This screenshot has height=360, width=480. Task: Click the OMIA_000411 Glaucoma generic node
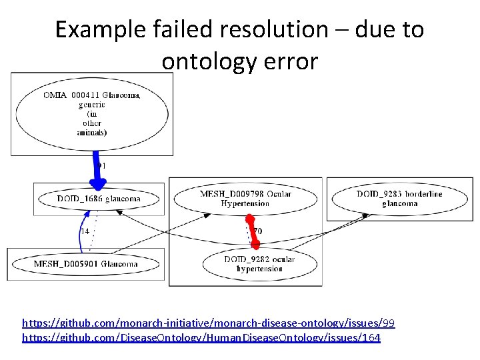click(92, 113)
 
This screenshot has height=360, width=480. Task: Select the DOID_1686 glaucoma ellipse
click(99, 199)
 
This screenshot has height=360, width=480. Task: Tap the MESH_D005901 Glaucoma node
click(85, 264)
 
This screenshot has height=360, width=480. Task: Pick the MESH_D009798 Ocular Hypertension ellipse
click(245, 199)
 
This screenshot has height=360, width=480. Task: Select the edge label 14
click(85, 231)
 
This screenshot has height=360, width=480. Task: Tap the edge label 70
click(258, 231)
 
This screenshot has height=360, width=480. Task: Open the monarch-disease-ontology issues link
click(208, 323)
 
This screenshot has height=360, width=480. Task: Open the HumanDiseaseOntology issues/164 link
click(201, 338)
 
